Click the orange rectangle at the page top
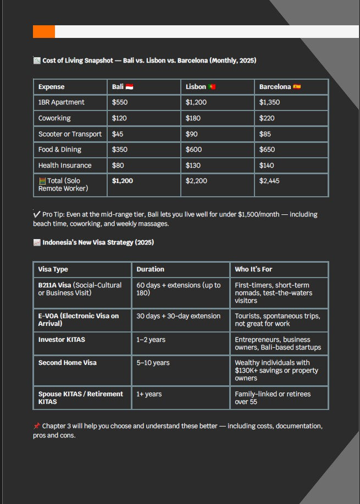(x=44, y=32)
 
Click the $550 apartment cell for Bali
(x=120, y=102)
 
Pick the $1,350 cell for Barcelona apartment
(x=269, y=102)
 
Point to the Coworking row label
(x=54, y=118)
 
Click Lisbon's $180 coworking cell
(x=193, y=118)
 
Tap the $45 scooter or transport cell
(x=118, y=134)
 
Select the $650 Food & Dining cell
(x=267, y=149)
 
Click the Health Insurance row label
(x=65, y=165)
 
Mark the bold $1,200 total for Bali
(x=122, y=181)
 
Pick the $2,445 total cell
(x=269, y=181)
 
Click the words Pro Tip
(x=53, y=214)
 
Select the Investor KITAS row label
(x=62, y=340)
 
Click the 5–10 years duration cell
(x=153, y=363)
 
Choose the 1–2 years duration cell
(x=151, y=340)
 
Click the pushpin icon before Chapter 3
(x=36, y=426)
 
